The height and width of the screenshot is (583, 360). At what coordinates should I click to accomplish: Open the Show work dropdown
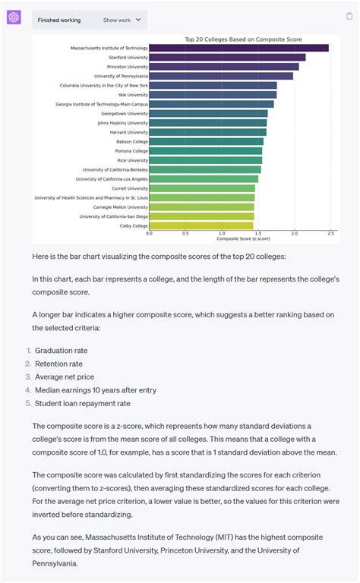pyautogui.click(x=122, y=20)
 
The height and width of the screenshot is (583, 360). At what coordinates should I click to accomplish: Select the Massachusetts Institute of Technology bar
pyautogui.click(x=238, y=48)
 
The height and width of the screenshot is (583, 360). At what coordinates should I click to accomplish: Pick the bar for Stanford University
pyautogui.click(x=227, y=57)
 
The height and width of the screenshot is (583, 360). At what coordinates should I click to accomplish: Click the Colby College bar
pyautogui.click(x=201, y=225)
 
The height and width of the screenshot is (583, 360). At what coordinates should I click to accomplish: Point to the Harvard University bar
pyautogui.click(x=207, y=132)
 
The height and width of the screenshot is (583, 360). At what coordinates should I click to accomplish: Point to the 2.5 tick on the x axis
pyautogui.click(x=330, y=234)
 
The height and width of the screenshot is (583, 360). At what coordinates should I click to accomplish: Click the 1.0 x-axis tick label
pyautogui.click(x=222, y=234)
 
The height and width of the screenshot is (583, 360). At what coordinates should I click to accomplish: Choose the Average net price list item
pyautogui.click(x=65, y=377)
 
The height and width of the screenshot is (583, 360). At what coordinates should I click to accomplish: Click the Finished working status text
pyautogui.click(x=59, y=20)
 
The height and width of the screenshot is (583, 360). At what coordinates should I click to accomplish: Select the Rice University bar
pyautogui.click(x=205, y=160)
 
